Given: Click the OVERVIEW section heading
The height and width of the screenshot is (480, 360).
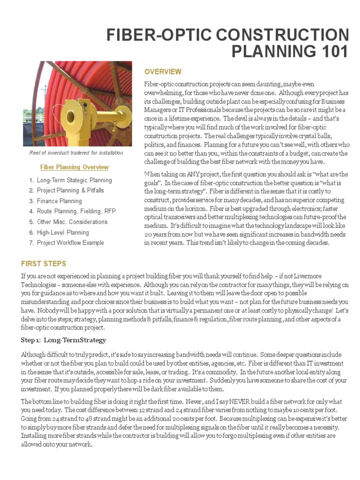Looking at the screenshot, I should coord(163,72).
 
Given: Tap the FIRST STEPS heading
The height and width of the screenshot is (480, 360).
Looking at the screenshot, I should coord(44,263).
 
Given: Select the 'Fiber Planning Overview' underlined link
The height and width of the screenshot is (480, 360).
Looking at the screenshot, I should coord(75,167).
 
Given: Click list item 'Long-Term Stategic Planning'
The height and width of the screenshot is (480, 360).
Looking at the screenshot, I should coord(74,180).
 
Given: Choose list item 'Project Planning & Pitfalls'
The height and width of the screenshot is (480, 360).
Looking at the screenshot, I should coord(70,191).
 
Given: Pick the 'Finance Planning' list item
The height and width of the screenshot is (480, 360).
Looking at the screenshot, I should coord(59,201).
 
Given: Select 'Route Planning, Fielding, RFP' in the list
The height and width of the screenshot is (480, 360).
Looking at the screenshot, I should coord(75,211).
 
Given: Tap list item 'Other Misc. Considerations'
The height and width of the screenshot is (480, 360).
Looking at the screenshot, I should coord(72,222).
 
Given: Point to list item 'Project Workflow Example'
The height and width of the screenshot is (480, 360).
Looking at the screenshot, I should coord(70,243).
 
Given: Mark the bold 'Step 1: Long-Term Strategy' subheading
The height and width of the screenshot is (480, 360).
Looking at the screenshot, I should coord(64,340).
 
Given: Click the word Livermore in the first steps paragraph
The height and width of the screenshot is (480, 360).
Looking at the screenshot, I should coord(305,276).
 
